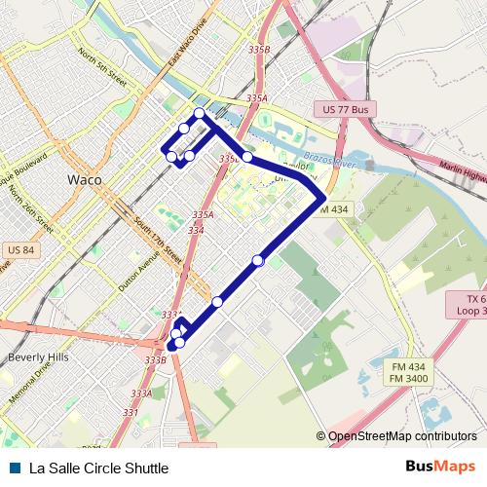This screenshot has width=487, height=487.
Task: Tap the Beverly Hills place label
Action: pyautogui.click(x=39, y=357)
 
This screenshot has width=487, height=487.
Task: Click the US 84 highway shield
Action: pyautogui.click(x=20, y=250)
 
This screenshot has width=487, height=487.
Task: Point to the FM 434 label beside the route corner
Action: pyautogui.click(x=331, y=209)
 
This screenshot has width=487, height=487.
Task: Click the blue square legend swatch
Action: pyautogui.click(x=12, y=468)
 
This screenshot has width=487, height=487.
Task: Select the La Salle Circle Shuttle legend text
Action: pyautogui.click(x=92, y=468)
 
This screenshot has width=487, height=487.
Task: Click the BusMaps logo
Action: pyautogui.click(x=441, y=468)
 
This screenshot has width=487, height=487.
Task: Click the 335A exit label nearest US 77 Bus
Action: pyautogui.click(x=256, y=98)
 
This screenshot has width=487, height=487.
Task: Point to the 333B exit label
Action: pyautogui.click(x=155, y=359)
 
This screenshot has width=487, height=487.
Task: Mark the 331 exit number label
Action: pyautogui.click(x=130, y=412)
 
